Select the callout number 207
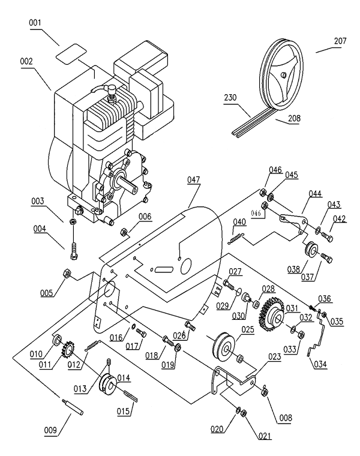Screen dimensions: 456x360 [x=340, y=42]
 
